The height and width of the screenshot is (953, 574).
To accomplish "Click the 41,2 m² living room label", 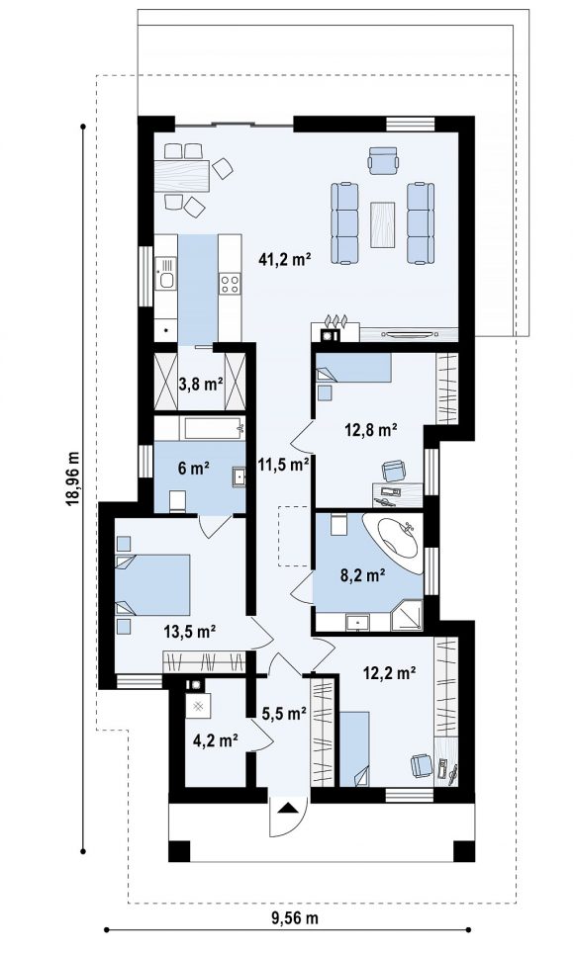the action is click(285, 260).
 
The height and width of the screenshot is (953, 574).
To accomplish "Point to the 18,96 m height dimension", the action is click(73, 477).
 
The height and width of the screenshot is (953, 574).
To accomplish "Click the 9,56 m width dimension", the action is click(295, 917).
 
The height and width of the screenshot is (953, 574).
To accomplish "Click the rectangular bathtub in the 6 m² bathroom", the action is click(213, 428).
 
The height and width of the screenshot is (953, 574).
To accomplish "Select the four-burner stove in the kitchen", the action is click(230, 284).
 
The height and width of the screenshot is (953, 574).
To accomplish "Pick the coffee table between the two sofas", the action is click(382, 224).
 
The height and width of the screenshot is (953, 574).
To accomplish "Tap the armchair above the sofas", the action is click(383, 159).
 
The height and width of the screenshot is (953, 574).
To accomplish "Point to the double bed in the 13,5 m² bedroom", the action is click(152, 584).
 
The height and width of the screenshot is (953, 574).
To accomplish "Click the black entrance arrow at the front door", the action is click(290, 808).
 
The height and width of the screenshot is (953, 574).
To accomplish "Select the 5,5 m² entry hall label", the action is click(284, 713).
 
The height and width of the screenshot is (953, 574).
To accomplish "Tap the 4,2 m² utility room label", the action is click(215, 740).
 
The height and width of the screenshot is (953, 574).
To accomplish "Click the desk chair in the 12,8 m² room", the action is click(395, 471).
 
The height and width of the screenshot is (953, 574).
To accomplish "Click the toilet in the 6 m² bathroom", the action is click(178, 501).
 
